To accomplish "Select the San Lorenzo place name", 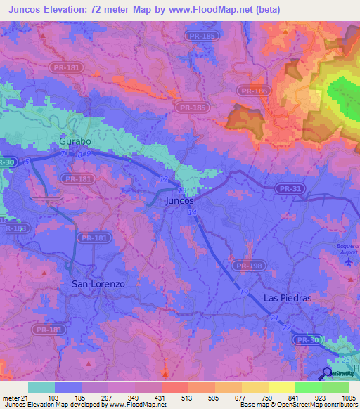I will click(98, 284).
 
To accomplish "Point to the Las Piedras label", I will click(287, 298).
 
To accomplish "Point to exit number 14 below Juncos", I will click(193, 212).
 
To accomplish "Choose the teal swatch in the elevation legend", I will click(41, 387).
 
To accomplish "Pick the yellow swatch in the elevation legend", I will click(282, 387).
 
